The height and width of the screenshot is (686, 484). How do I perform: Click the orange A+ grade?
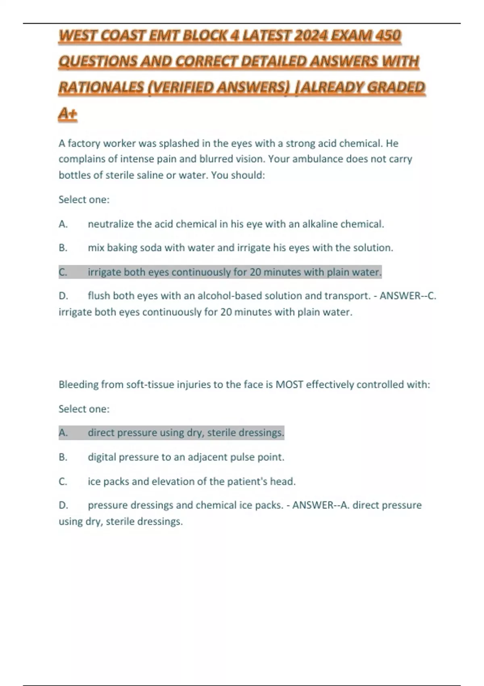coord(68,114)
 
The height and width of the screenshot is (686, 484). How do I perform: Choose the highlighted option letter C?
coord(63,272)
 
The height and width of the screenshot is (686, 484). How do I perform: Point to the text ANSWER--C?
coord(408,296)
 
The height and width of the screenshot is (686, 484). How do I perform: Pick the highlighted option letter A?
coord(63,433)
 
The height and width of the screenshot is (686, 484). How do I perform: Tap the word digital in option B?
coord(102,457)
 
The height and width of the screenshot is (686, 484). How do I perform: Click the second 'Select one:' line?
coord(84,409)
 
